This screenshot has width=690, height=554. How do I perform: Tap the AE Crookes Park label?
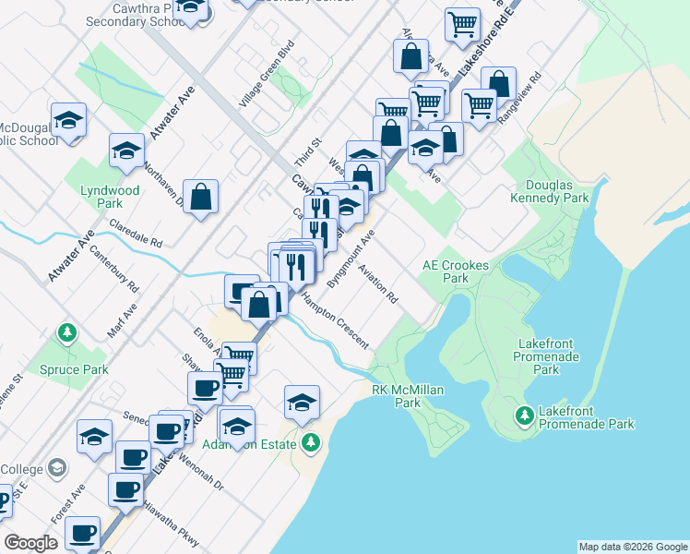click(x=455, y=271)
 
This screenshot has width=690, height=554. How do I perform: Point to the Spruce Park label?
click(x=74, y=369)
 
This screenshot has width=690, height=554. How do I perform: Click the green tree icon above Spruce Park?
click(x=66, y=331)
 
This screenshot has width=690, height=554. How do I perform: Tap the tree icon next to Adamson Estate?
click(x=311, y=443)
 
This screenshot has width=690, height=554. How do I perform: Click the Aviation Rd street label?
click(x=378, y=285)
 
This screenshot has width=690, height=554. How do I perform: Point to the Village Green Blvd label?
click(x=267, y=74)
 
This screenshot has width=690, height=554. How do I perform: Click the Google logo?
click(x=31, y=543)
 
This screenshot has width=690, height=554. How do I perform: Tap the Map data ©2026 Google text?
click(x=633, y=547)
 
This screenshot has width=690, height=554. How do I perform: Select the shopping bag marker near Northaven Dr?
click(x=200, y=197)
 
